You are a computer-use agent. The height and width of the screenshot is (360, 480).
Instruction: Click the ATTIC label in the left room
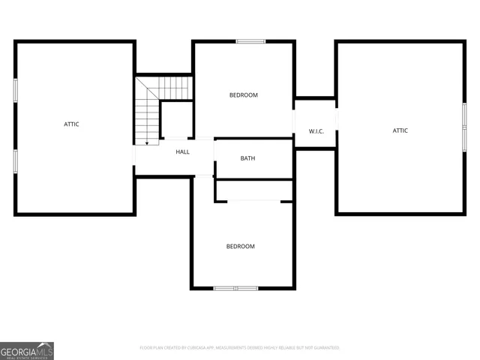(x=71, y=124)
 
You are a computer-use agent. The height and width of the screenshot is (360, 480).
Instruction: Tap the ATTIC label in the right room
(x=400, y=130)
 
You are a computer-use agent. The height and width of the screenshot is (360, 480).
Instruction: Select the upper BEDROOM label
(x=243, y=95)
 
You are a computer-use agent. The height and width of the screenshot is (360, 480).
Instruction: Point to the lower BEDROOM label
(x=241, y=247)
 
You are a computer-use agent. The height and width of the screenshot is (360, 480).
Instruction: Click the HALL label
(x=182, y=152)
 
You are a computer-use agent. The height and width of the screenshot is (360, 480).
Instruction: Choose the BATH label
(x=247, y=158)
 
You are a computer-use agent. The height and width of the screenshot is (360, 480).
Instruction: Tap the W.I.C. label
(x=316, y=132)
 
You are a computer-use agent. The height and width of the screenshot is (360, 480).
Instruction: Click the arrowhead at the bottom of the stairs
(x=147, y=142)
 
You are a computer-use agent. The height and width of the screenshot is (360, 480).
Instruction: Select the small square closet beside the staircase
(x=177, y=118)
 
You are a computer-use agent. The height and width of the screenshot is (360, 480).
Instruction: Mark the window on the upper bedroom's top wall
(x=250, y=41)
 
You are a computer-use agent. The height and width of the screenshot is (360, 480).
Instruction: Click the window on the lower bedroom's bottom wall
(x=235, y=288)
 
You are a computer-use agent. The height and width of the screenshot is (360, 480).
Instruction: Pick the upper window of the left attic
(x=15, y=89)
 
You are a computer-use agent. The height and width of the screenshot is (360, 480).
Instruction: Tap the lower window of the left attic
(x=15, y=161)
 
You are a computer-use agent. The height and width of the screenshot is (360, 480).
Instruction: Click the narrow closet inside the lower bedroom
(x=253, y=190)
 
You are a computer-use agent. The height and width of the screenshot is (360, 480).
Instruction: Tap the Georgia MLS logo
(x=27, y=350)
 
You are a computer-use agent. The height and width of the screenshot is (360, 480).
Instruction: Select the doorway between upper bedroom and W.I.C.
(x=293, y=121)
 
